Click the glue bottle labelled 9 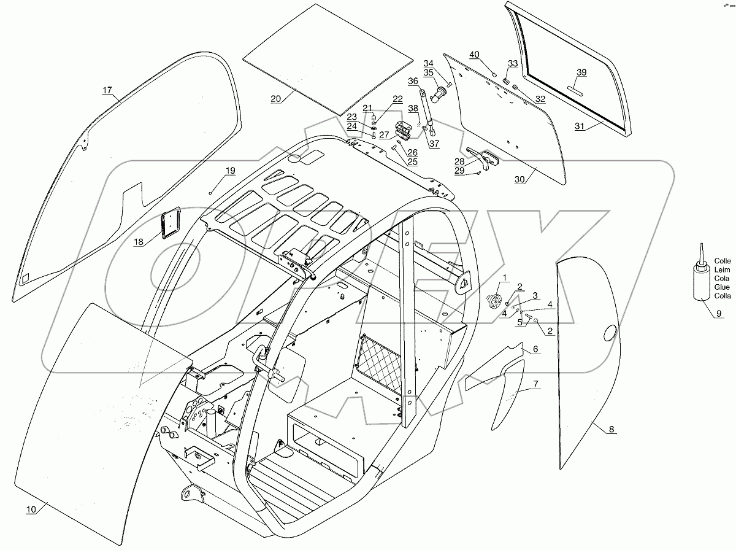700,281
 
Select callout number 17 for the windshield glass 107,90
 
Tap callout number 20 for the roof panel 275,98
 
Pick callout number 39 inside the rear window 581,72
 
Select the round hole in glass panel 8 610,333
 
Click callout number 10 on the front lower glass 31,509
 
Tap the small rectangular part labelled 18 169,222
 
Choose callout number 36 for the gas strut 413,80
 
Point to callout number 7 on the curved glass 535,384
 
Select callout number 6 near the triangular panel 535,349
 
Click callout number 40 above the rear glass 474,54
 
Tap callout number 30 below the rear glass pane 519,180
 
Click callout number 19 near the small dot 229,170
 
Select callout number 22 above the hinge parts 398,98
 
